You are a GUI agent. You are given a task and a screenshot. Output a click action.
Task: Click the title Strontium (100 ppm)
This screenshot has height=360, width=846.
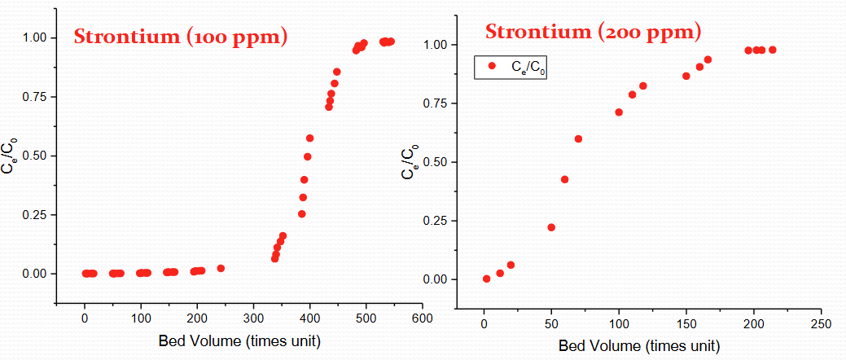[x=181, y=37]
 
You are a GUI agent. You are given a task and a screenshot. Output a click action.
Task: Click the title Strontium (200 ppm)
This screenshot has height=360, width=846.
[x=593, y=33]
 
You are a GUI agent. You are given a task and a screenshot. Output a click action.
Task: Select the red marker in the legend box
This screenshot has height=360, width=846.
[x=491, y=66]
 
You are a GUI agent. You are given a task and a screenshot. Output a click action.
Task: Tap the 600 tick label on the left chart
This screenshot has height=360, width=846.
[x=422, y=318]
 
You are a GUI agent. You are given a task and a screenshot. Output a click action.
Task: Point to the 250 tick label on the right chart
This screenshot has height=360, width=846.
[x=821, y=324]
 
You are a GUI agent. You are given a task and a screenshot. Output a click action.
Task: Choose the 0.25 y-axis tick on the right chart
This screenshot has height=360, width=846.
[x=437, y=221]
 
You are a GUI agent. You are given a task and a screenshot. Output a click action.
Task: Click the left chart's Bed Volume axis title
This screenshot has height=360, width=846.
[x=239, y=340]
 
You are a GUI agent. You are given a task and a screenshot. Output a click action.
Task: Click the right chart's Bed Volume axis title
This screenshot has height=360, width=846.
[x=639, y=346]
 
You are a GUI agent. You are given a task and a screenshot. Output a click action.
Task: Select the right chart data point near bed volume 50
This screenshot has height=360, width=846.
[x=551, y=227]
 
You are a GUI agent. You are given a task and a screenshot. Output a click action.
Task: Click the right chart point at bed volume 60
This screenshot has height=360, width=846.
[x=564, y=179]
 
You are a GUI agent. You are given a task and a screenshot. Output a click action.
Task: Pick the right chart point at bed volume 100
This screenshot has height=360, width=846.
[x=619, y=112]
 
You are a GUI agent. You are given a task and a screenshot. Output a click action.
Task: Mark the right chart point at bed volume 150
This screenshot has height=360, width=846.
[x=686, y=76]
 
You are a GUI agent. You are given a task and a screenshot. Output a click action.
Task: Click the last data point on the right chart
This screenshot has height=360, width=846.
[x=772, y=50]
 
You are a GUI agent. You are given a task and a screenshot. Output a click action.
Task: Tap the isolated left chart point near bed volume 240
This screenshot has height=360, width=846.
[x=221, y=268]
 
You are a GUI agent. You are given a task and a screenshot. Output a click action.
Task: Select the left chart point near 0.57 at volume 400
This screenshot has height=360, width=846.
[x=309, y=138]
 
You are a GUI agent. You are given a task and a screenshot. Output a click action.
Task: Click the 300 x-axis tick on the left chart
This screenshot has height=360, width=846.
[x=253, y=318]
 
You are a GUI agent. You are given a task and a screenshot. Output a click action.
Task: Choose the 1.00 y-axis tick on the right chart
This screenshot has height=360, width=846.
[x=437, y=45]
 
